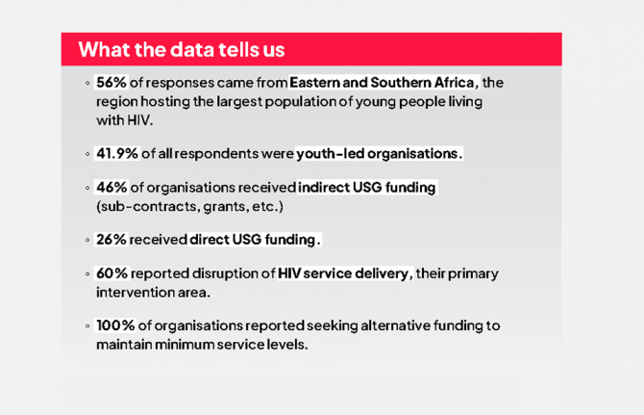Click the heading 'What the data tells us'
click(x=182, y=49)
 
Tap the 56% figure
click(x=111, y=82)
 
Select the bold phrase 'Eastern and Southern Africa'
click(x=382, y=82)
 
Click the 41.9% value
click(x=117, y=153)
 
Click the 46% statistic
click(x=111, y=187)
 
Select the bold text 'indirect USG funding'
click(x=367, y=187)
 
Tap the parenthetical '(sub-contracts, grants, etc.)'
click(x=189, y=206)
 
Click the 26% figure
click(x=111, y=240)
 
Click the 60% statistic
click(x=112, y=273)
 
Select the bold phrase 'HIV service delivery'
click(x=343, y=273)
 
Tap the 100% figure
click(x=115, y=325)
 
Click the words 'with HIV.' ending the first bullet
click(x=124, y=120)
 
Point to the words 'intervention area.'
click(x=153, y=292)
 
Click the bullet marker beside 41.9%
click(x=87, y=154)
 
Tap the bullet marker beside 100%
click(x=87, y=326)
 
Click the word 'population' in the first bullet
click(x=300, y=102)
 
